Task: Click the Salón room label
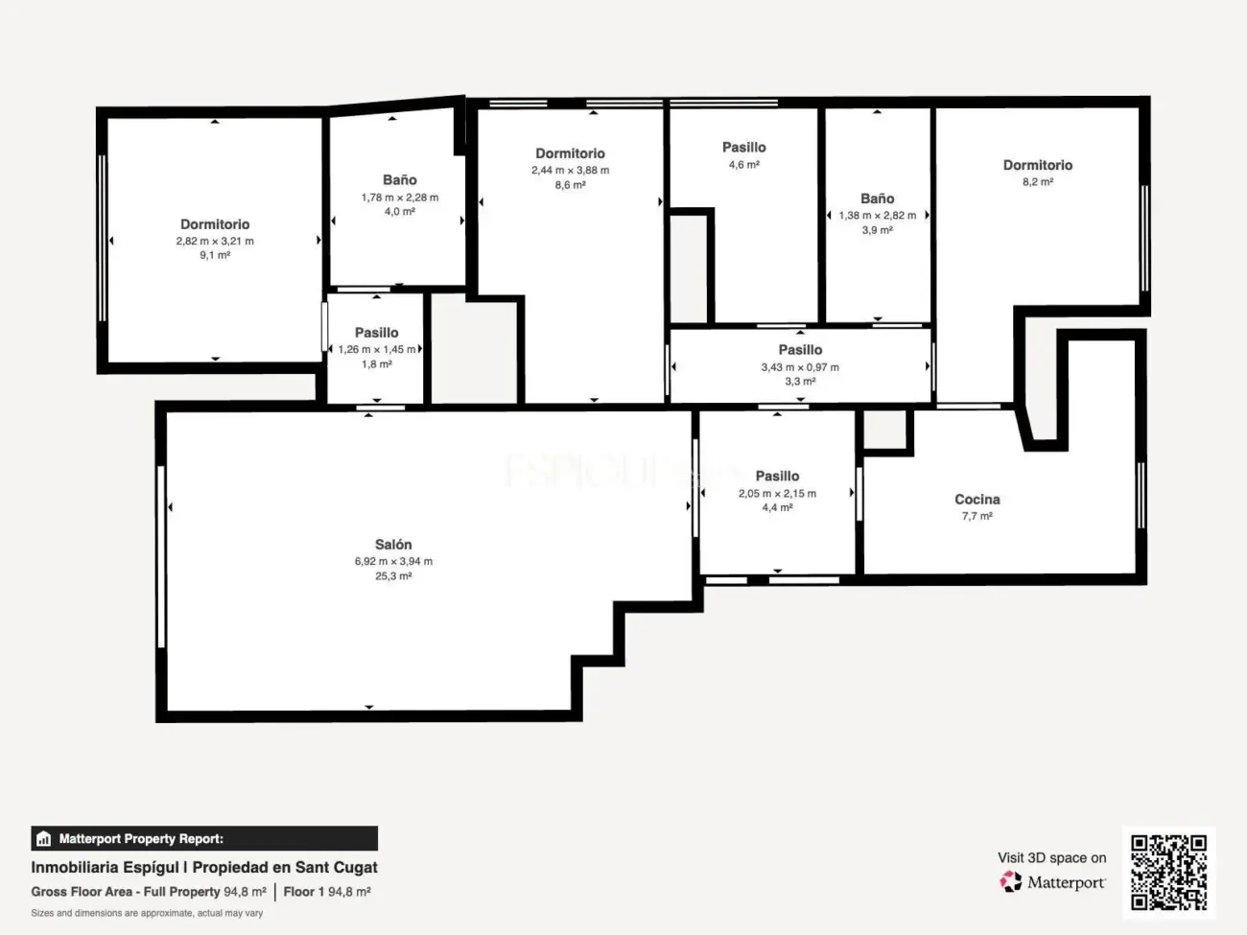click(x=393, y=545)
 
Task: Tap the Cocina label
click(x=976, y=500)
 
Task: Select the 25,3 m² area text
click(x=393, y=576)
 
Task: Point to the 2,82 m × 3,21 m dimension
click(x=215, y=242)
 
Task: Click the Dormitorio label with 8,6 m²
click(x=570, y=153)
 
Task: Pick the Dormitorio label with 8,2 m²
click(x=1037, y=165)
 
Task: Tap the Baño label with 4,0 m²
click(x=399, y=180)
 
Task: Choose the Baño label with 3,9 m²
click(x=877, y=199)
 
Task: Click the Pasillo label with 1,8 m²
click(x=376, y=333)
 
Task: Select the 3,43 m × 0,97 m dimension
click(x=800, y=367)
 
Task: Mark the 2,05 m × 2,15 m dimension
click(x=777, y=494)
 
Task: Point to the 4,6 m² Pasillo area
click(x=743, y=165)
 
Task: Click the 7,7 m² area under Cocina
click(x=976, y=516)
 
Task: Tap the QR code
click(x=1168, y=872)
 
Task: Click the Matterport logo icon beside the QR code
click(x=1011, y=882)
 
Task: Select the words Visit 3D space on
click(x=1051, y=858)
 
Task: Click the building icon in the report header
click(x=43, y=839)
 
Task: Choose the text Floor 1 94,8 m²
click(x=327, y=892)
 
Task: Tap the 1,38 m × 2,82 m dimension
click(x=877, y=216)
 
